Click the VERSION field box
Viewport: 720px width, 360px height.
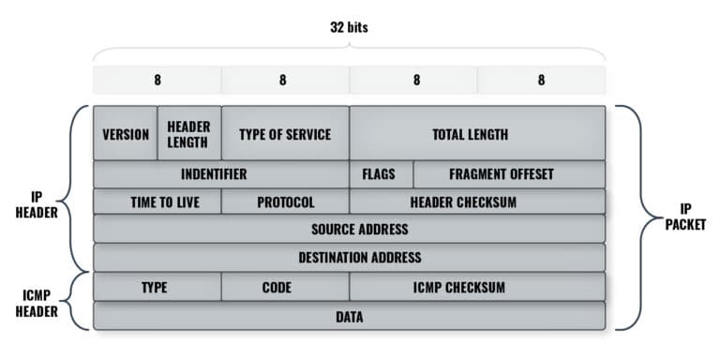point(126,133)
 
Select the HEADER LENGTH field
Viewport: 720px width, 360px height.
point(188,133)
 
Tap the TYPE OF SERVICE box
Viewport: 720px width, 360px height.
point(285,133)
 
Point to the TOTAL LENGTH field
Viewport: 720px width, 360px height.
point(477,133)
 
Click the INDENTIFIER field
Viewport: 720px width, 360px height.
point(221,174)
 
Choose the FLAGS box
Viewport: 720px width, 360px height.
point(381,174)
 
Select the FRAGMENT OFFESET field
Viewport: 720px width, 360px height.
point(509,174)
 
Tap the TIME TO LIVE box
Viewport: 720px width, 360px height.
point(157,202)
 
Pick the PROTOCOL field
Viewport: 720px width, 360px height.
point(285,202)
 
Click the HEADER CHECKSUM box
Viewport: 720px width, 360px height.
point(477,202)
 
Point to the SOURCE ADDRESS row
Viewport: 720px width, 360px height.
point(349,229)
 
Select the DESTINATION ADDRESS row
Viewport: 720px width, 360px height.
point(349,257)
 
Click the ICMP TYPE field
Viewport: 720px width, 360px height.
point(157,287)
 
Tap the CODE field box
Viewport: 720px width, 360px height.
point(285,287)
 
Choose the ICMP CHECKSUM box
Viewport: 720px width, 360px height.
point(477,287)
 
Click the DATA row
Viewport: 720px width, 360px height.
point(349,317)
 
